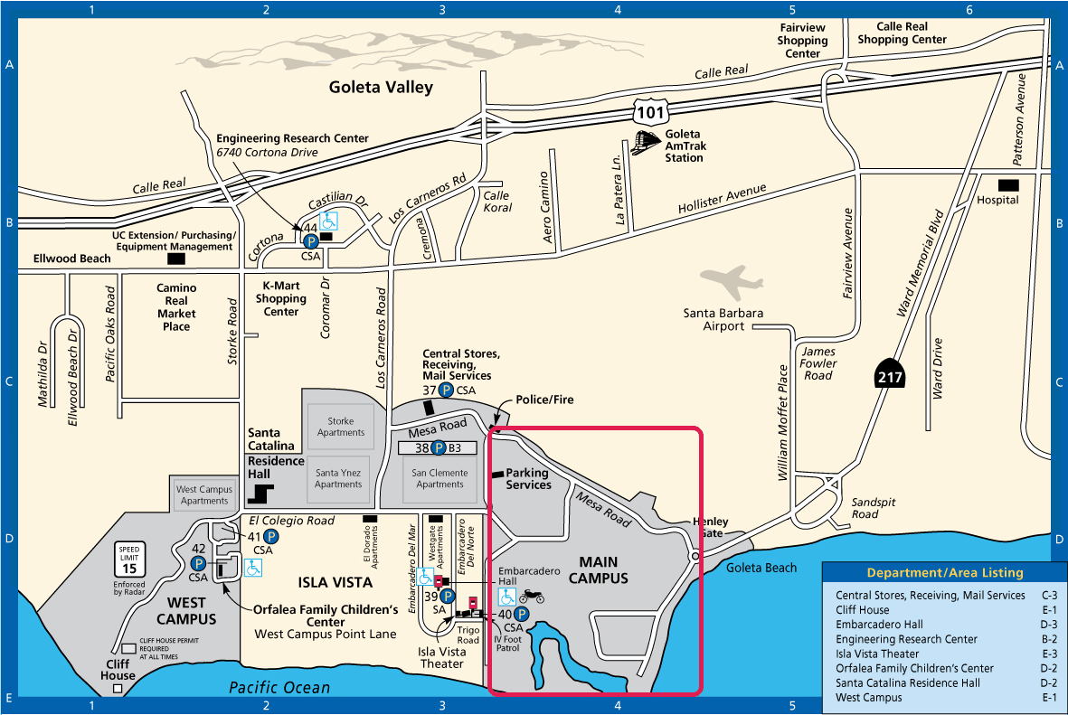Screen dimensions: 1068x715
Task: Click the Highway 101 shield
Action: click(650, 111)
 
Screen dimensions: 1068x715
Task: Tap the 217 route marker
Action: click(890, 373)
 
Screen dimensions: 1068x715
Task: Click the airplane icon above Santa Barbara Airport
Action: click(731, 280)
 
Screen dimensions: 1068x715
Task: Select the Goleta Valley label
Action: click(381, 87)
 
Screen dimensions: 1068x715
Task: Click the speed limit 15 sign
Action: click(129, 560)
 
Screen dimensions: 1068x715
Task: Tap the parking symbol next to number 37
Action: click(446, 390)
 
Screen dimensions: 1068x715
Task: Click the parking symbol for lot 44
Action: click(310, 241)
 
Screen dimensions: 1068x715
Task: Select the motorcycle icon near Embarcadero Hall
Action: click(532, 597)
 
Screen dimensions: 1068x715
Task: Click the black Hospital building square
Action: click(1008, 185)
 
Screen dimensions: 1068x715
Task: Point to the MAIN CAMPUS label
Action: click(598, 570)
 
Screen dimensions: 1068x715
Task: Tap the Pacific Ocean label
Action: click(279, 688)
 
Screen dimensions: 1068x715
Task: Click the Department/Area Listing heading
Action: click(945, 573)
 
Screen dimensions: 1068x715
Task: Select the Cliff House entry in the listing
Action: click(863, 610)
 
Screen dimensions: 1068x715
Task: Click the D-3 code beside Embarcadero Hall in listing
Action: click(1049, 625)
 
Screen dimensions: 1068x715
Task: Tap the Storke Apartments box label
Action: click(341, 427)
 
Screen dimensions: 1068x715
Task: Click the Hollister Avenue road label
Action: click(722, 198)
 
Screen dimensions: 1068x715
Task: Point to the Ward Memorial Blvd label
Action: click(920, 263)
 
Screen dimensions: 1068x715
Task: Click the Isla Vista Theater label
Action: click(441, 658)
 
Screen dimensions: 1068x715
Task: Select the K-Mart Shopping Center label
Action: click(280, 298)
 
